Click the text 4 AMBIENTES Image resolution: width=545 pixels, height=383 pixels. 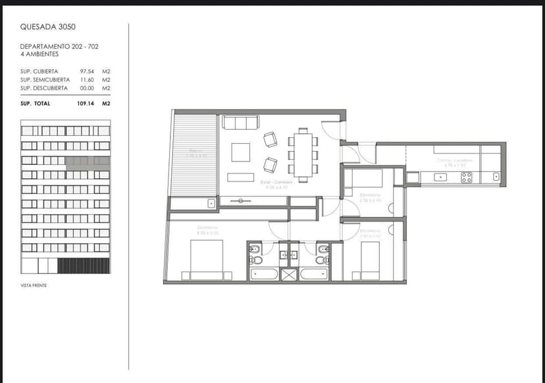coord(39,54)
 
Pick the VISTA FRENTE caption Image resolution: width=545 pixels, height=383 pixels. coord(34,285)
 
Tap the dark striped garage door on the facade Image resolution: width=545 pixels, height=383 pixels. coord(84,266)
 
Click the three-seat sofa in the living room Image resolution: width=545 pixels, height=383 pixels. coord(240,123)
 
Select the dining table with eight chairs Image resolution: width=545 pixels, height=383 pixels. coord(303,154)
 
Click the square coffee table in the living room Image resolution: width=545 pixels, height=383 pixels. coord(240,152)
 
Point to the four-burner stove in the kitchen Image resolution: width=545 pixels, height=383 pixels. coord(466,177)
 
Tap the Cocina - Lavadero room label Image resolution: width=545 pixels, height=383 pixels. coord(454,160)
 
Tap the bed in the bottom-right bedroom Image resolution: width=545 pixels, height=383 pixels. coord(371,258)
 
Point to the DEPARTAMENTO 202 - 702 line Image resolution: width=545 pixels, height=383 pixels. coord(60,47)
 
